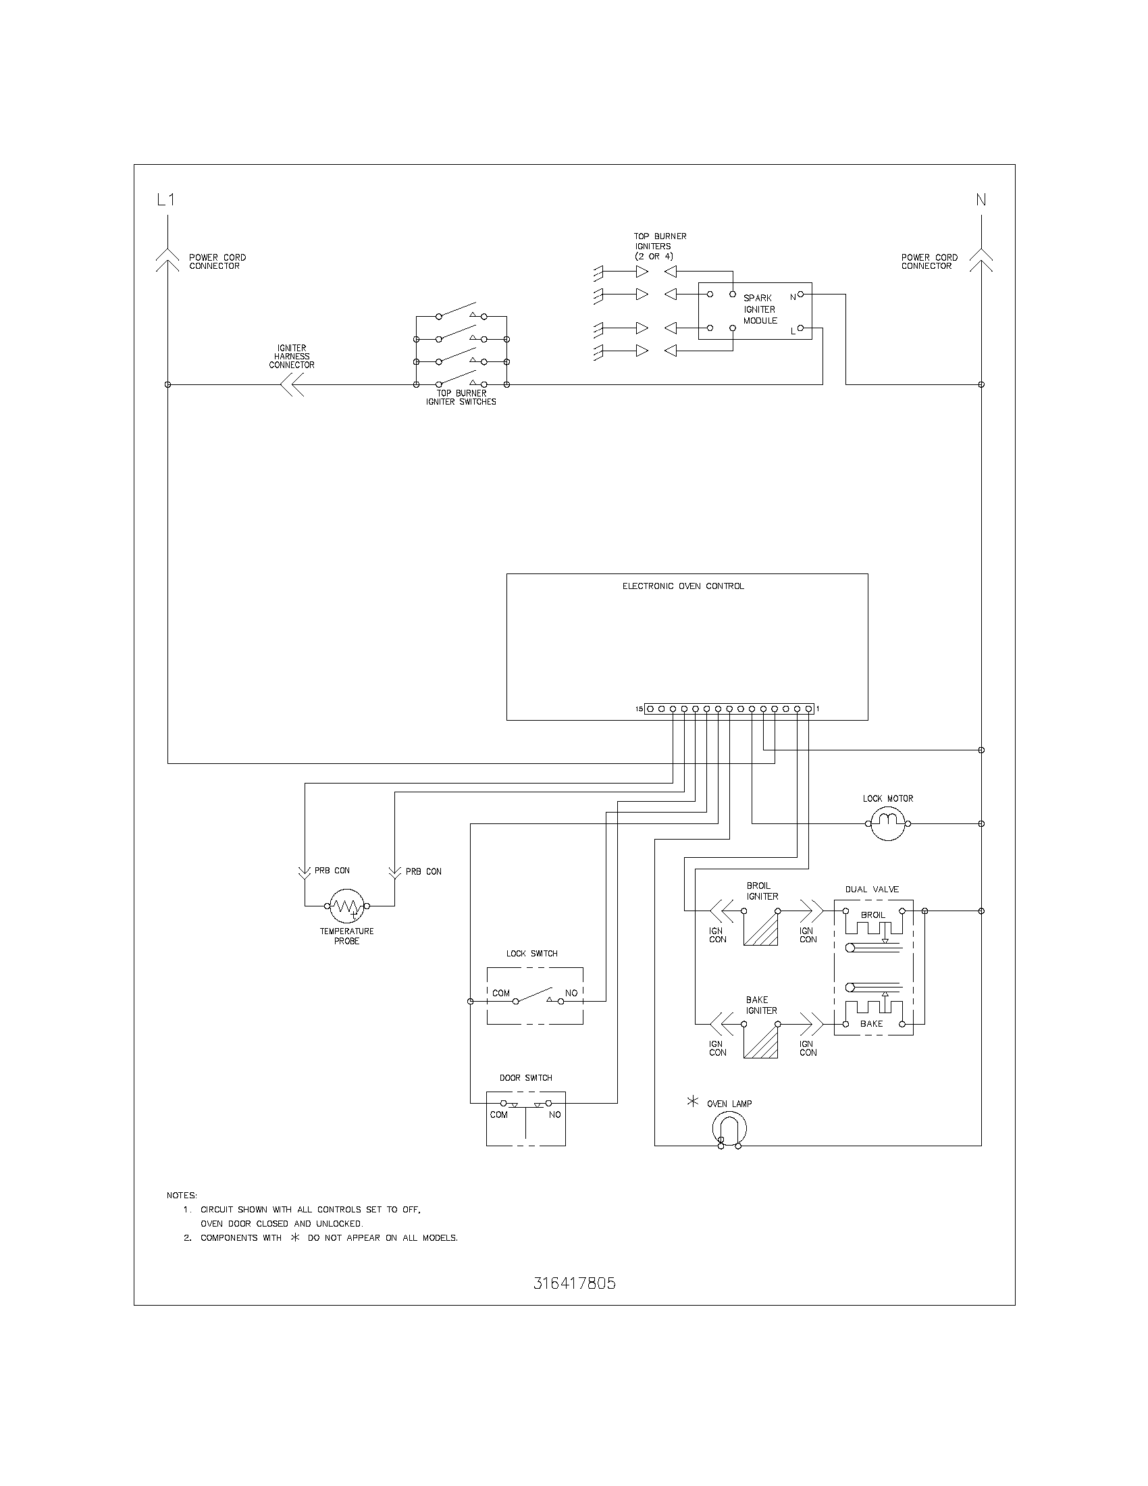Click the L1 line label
tap(166, 200)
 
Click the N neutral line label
tap(981, 200)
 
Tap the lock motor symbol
tap(887, 823)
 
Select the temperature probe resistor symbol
tap(347, 906)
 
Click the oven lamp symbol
tap(729, 1130)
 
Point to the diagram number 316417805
tap(575, 1283)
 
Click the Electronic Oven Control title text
tap(683, 586)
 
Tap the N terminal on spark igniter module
tap(800, 294)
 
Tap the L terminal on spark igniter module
tap(800, 328)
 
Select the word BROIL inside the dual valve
tap(872, 915)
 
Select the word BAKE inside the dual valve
tap(871, 1023)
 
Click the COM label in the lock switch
tap(501, 993)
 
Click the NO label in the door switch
tap(555, 1114)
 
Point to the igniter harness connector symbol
tap(292, 385)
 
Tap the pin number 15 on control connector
tap(640, 709)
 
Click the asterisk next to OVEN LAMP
tap(693, 1102)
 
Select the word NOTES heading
tap(182, 1196)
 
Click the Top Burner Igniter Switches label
tap(461, 397)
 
